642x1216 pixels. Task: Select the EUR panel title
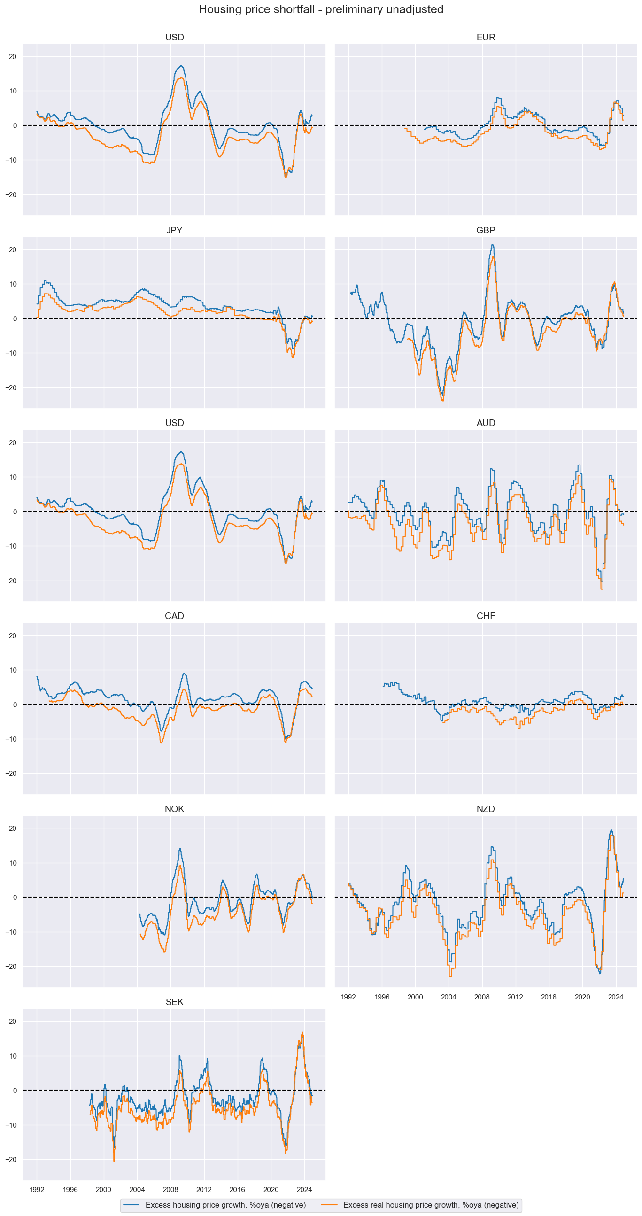point(485,37)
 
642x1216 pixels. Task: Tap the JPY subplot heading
point(174,230)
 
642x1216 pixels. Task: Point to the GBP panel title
point(485,230)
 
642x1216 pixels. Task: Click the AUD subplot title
point(485,423)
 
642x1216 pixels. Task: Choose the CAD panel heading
point(174,616)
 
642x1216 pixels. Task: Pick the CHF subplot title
point(485,616)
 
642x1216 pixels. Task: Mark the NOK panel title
point(174,809)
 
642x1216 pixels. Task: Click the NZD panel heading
point(485,809)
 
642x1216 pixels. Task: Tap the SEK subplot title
point(174,1002)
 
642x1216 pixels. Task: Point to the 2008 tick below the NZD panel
point(482,997)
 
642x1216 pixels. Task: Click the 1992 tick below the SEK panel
point(37,1190)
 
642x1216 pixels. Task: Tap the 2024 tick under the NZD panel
point(616,997)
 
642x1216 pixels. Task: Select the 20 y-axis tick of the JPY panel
point(13,250)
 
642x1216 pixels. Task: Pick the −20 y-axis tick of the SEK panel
point(11,1160)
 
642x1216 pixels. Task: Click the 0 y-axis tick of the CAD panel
point(15,705)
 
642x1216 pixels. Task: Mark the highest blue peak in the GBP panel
point(492,245)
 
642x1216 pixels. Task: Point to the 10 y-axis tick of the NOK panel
point(13,863)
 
